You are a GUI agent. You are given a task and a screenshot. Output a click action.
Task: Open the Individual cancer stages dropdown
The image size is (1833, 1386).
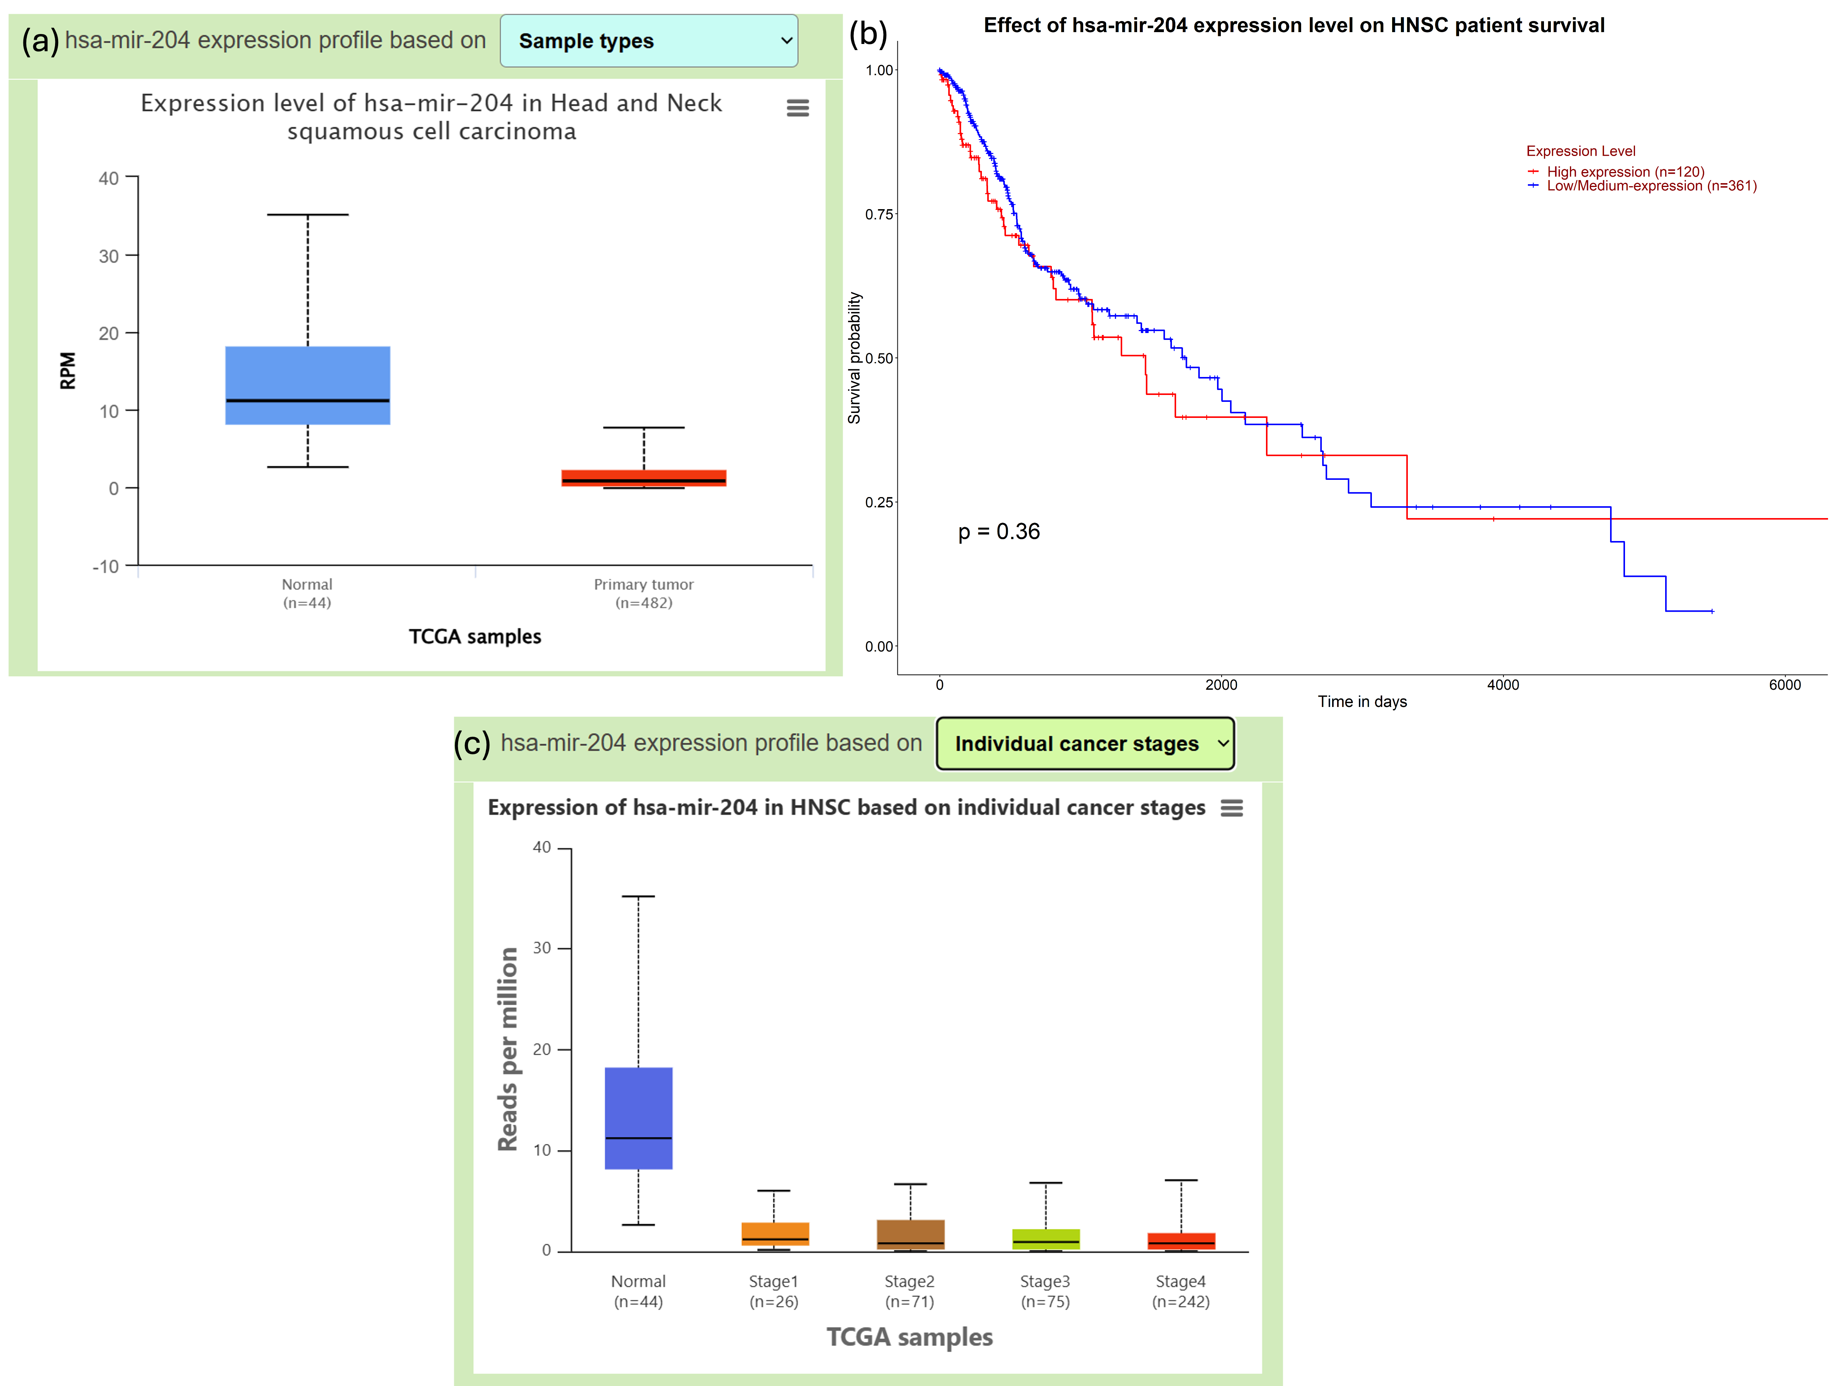pos(1085,743)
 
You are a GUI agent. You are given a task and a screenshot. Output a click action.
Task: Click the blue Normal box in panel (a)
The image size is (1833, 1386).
pos(307,385)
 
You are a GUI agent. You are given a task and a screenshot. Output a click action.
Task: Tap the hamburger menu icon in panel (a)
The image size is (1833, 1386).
pos(797,108)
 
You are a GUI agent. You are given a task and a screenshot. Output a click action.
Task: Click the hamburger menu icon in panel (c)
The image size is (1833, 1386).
pos(1232,808)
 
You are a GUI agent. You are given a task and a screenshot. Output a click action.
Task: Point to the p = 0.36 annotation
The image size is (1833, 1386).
pos(999,532)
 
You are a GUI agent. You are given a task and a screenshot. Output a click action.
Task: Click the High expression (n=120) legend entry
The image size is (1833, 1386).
pos(1624,172)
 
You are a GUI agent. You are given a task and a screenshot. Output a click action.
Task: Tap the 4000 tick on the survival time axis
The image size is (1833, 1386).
pos(1502,684)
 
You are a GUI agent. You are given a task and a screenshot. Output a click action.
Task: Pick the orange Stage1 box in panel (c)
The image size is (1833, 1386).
pos(775,1233)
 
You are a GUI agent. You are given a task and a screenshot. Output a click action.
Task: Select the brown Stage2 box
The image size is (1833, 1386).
pos(910,1233)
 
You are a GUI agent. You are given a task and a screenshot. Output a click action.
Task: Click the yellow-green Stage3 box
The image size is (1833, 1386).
pos(1046,1238)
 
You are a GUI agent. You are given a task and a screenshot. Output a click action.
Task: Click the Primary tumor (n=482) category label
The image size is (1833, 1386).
pos(644,593)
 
